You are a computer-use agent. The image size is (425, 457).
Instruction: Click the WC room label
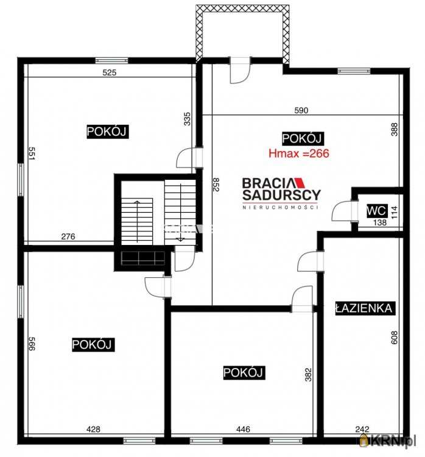point(377,210)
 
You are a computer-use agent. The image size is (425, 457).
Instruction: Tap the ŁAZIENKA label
point(364,308)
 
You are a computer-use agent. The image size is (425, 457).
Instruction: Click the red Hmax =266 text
point(299,154)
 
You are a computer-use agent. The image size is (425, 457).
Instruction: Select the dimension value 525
point(110,73)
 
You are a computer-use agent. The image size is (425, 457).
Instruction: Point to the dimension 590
point(301,110)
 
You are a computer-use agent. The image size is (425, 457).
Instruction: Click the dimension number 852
point(216,185)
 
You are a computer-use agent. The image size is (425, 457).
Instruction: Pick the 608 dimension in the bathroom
point(394,338)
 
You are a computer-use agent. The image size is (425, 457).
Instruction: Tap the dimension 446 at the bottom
point(243,429)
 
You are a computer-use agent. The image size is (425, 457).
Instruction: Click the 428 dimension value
point(94,429)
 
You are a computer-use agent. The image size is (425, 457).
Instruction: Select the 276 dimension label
point(68,236)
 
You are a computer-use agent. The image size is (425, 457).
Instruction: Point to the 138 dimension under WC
point(380,222)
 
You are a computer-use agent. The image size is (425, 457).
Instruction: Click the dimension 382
point(308,375)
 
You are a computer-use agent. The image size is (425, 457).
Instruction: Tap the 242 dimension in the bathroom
point(362,429)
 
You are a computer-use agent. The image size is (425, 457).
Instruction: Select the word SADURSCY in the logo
point(281,195)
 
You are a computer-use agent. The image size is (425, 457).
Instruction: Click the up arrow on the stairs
point(137,221)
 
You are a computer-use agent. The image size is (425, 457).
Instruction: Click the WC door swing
point(342,210)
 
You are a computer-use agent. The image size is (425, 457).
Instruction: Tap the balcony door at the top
point(240,70)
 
